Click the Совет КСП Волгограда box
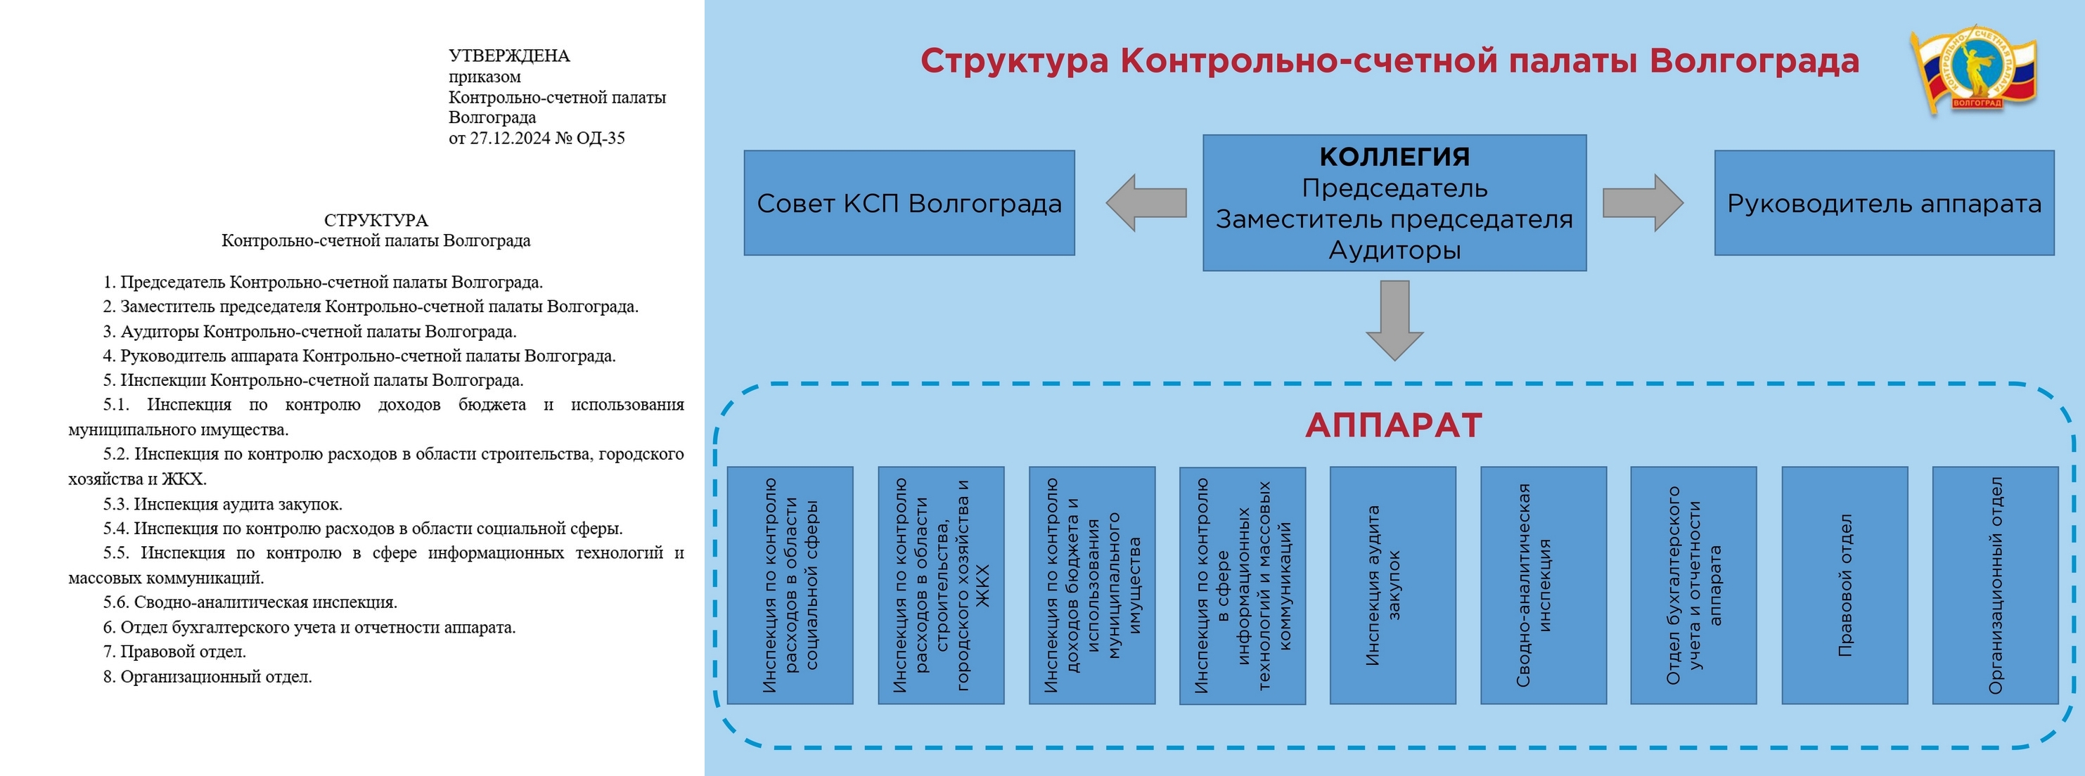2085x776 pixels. pyautogui.click(x=909, y=203)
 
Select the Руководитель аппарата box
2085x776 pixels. pyautogui.click(x=1883, y=203)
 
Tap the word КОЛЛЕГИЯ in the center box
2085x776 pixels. pyautogui.click(x=1394, y=156)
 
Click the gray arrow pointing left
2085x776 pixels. pyautogui.click(x=1146, y=203)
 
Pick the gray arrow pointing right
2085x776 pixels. pyautogui.click(x=1642, y=203)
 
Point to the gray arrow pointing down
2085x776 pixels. pyautogui.click(x=1394, y=320)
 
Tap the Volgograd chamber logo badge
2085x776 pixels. pyautogui.click(x=1975, y=70)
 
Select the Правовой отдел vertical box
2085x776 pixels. pyautogui.click(x=1845, y=585)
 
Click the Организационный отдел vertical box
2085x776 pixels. pyautogui.click(x=1995, y=585)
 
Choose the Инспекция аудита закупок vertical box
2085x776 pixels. pyautogui.click(x=1393, y=585)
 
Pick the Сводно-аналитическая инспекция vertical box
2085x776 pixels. pyautogui.click(x=1544, y=585)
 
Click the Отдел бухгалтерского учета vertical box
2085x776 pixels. pyautogui.click(x=1693, y=585)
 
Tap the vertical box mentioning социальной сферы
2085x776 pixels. pyautogui.click(x=790, y=585)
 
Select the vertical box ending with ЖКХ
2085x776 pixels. pyautogui.click(x=940, y=585)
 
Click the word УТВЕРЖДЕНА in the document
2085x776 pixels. pyautogui.click(x=509, y=56)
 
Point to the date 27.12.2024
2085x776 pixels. pyautogui.click(x=510, y=138)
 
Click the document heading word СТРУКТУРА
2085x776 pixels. pyautogui.click(x=376, y=220)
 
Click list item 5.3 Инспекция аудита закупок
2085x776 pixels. pyautogui.click(x=223, y=504)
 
